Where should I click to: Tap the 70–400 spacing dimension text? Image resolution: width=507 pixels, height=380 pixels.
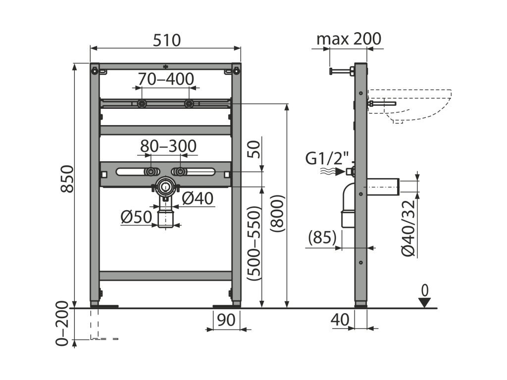166,79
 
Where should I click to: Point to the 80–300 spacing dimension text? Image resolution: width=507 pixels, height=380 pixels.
168,146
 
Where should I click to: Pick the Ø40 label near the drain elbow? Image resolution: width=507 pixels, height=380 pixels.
197,199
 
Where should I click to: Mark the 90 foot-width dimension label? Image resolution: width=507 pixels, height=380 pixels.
226,320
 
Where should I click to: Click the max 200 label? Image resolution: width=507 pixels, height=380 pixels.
349,39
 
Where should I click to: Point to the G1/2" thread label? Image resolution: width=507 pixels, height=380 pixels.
327,159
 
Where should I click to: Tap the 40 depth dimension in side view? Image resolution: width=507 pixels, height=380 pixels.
341,320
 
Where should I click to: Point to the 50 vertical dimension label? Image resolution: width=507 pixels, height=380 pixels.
253,148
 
